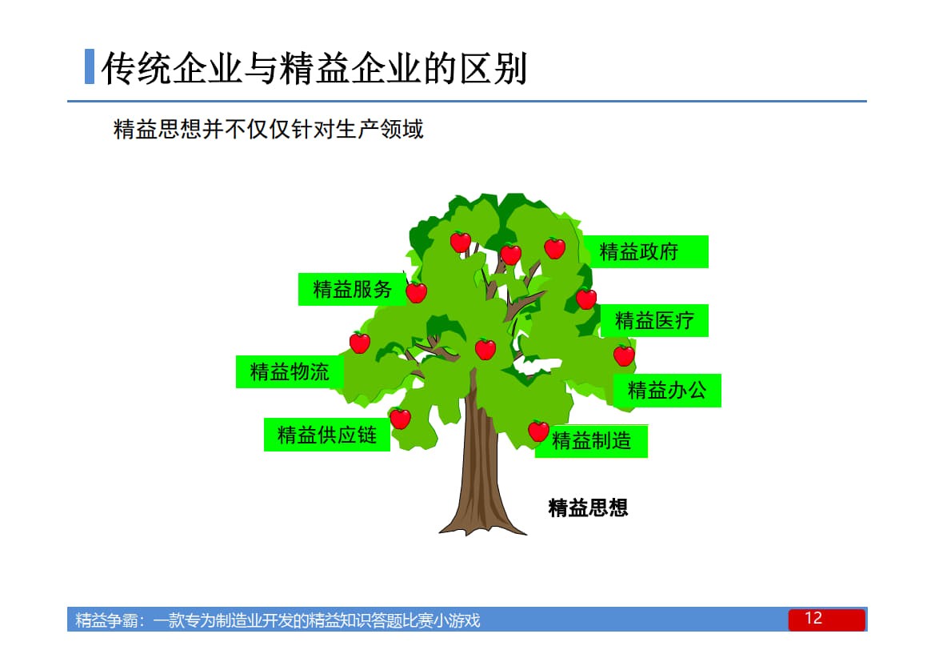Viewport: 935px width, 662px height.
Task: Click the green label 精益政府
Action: coord(643,252)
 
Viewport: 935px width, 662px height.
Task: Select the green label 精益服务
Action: coord(352,289)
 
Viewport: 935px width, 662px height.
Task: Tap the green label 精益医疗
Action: coord(653,321)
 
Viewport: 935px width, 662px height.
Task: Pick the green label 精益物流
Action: coord(289,371)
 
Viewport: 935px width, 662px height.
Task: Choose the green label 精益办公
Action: coord(666,391)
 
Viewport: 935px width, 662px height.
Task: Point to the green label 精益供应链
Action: coord(326,435)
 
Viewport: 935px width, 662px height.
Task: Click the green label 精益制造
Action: coord(592,440)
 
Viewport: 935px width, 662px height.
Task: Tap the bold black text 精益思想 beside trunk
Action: coord(588,508)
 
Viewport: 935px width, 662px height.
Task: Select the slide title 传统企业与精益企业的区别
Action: coord(314,69)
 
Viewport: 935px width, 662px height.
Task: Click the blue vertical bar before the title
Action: coord(90,67)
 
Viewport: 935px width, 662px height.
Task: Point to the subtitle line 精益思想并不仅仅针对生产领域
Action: coord(269,129)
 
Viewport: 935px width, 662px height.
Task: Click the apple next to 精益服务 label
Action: coord(417,292)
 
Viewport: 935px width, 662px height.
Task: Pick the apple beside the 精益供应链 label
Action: coord(400,418)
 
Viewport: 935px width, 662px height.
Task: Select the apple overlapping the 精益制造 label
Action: coord(538,431)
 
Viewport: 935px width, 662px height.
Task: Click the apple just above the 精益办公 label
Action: coord(624,355)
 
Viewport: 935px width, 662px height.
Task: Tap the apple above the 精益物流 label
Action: coord(360,343)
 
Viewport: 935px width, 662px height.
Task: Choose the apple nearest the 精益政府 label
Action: coord(554,248)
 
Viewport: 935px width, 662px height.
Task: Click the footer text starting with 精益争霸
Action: coord(278,620)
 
